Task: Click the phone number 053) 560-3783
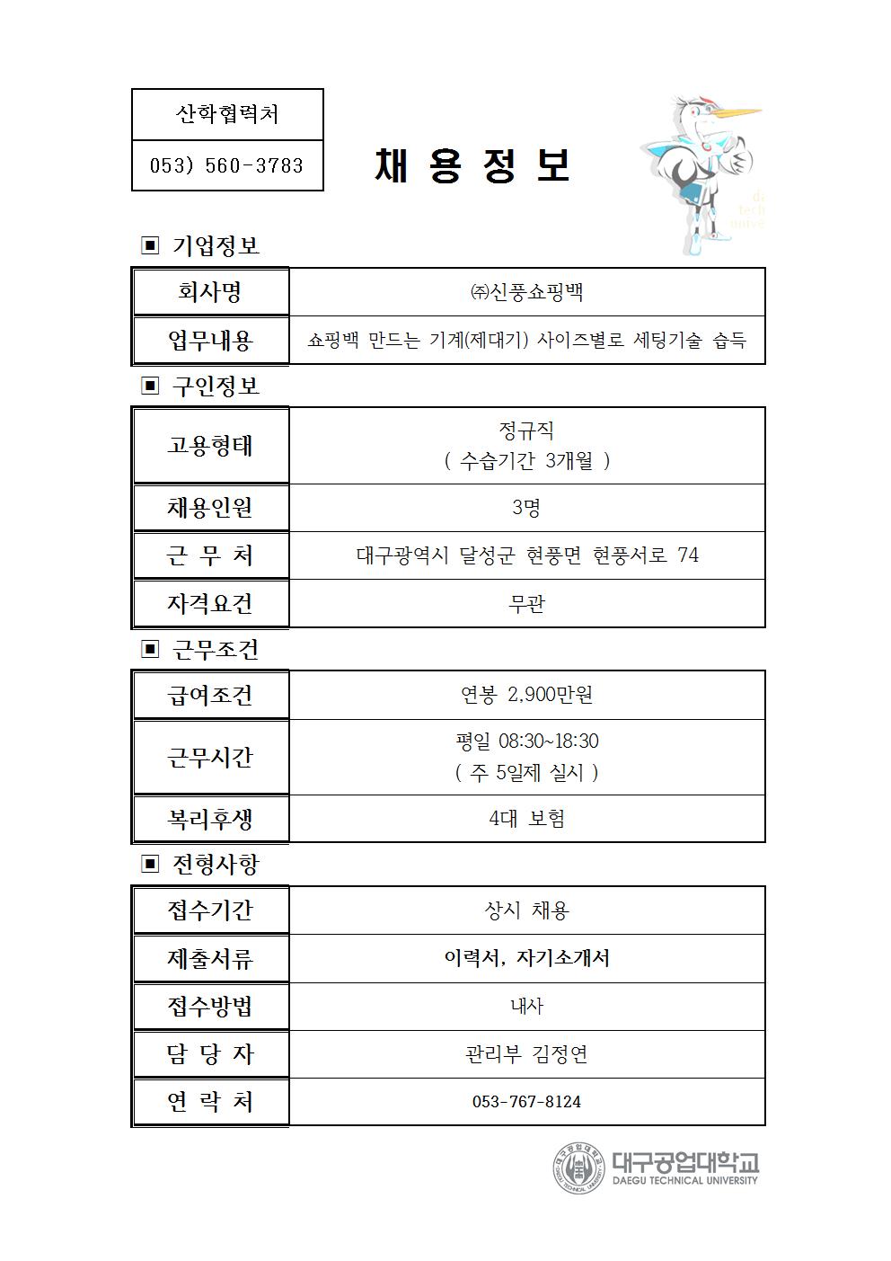(x=226, y=165)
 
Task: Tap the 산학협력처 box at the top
(x=226, y=114)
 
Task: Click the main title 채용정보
(x=472, y=165)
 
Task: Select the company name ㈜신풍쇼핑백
(x=526, y=292)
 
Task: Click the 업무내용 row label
(x=211, y=341)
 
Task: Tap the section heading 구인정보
(x=215, y=386)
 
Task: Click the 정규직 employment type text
(x=526, y=431)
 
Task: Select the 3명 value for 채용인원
(x=526, y=508)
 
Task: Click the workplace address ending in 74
(x=526, y=555)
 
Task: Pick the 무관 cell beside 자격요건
(x=526, y=604)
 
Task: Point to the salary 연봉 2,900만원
(x=526, y=695)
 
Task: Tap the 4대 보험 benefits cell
(x=526, y=819)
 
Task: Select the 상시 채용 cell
(x=526, y=910)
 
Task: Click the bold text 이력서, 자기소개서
(x=526, y=958)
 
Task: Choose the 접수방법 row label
(x=211, y=1007)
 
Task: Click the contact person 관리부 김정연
(x=526, y=1054)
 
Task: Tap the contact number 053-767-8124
(x=526, y=1102)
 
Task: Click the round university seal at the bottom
(x=578, y=1168)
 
